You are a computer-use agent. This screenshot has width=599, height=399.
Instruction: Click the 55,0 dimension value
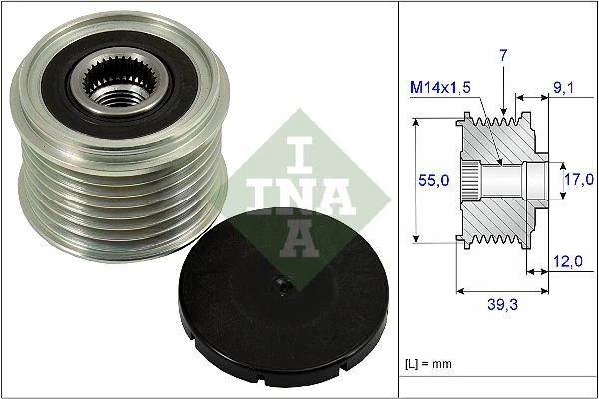[432, 180]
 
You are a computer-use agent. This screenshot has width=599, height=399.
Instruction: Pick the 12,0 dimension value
[567, 262]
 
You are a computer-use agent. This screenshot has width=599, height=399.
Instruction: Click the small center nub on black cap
[283, 286]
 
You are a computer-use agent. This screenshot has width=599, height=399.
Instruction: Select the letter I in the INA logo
[290, 156]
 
